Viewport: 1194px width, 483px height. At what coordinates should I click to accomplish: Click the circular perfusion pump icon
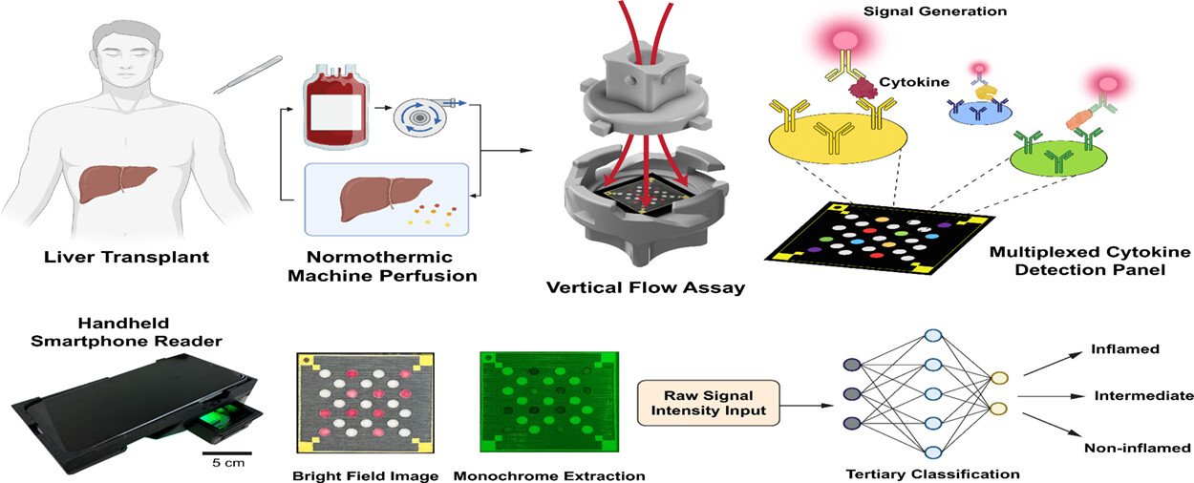pyautogui.click(x=420, y=119)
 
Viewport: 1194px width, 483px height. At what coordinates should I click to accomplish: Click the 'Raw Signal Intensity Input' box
pyautogui.click(x=709, y=402)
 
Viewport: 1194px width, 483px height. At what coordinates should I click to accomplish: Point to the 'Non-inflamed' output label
pyautogui.click(x=1137, y=447)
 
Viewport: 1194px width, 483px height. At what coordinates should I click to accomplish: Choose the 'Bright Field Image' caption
pyautogui.click(x=366, y=474)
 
